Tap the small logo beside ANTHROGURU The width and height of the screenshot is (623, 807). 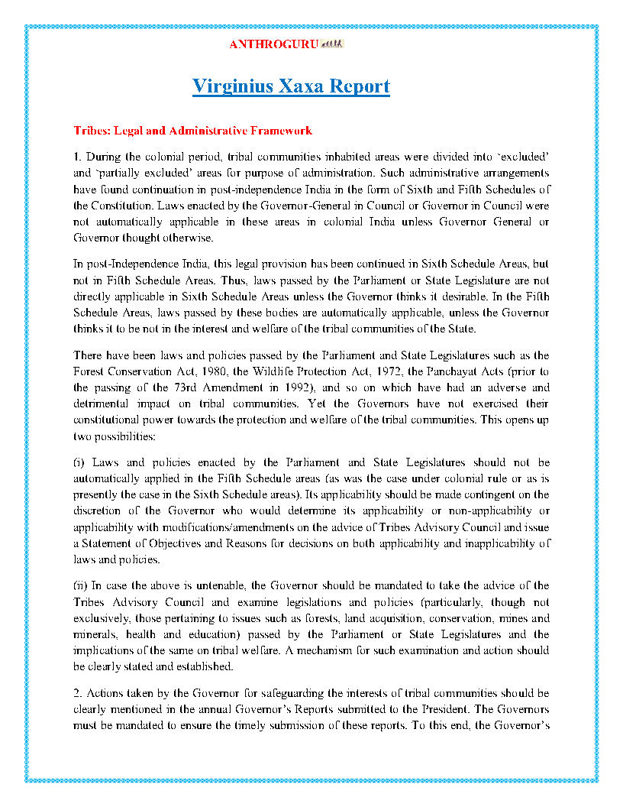(x=334, y=44)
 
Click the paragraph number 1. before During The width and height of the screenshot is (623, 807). (x=78, y=156)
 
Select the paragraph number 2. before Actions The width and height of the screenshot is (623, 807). (x=78, y=693)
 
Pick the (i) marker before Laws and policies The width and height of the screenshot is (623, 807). (x=79, y=462)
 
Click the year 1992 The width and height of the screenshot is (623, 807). (x=279, y=387)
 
